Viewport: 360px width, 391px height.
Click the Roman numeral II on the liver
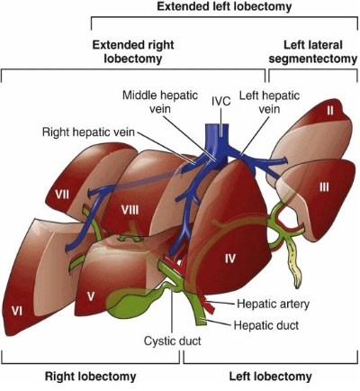pyautogui.click(x=330, y=111)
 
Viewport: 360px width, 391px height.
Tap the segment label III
pyautogui.click(x=324, y=187)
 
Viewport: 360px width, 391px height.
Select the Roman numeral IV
pyautogui.click(x=230, y=259)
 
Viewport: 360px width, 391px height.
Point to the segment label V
pyautogui.click(x=91, y=297)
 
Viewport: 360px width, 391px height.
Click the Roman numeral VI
pyautogui.click(x=17, y=311)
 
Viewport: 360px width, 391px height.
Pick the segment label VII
pyautogui.click(x=62, y=195)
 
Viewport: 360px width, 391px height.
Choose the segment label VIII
pyautogui.click(x=130, y=210)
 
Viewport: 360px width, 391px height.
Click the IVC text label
pyautogui.click(x=221, y=101)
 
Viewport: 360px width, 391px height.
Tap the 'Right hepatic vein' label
pyautogui.click(x=88, y=132)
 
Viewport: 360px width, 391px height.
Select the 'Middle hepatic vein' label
pyautogui.click(x=160, y=102)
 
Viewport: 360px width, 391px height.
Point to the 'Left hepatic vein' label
pyautogui.click(x=269, y=102)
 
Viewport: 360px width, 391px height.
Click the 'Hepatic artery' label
pyautogui.click(x=273, y=304)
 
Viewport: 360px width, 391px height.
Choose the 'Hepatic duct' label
pyautogui.click(x=266, y=325)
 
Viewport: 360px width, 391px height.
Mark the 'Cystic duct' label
pyautogui.click(x=173, y=341)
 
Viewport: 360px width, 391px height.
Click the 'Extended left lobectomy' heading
pyautogui.click(x=224, y=6)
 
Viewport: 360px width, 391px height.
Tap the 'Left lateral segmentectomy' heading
pyautogui.click(x=313, y=51)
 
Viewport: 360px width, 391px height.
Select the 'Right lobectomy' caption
pyautogui.click(x=90, y=377)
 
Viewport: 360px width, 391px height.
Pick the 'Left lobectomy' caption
pyautogui.click(x=270, y=377)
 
